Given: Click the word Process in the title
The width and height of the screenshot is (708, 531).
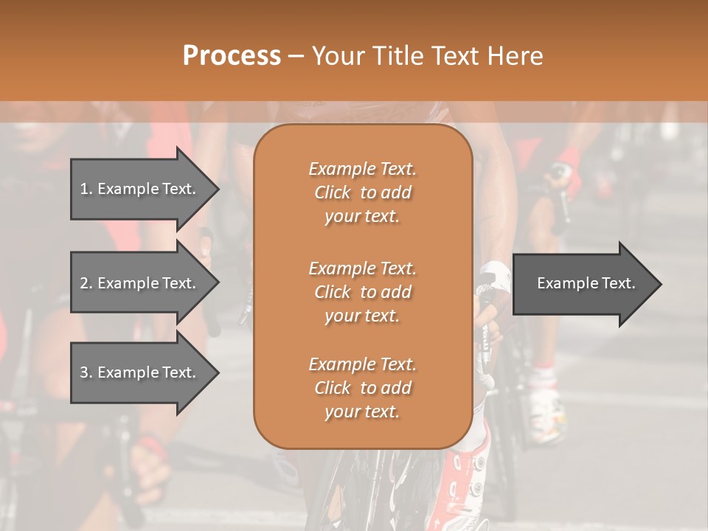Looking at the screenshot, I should pos(232,56).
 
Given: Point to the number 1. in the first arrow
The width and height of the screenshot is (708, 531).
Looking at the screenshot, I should pos(86,189).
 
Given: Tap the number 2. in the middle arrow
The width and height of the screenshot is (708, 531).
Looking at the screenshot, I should pos(86,283).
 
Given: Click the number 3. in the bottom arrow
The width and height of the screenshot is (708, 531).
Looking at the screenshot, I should pos(86,372).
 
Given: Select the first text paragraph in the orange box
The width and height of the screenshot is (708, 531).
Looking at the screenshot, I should pos(362,192).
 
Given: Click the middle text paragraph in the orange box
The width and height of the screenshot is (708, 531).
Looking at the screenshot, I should pos(362,291).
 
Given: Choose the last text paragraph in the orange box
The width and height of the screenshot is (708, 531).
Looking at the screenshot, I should pos(362,388).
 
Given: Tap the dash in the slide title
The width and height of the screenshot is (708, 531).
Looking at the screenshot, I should pos(296,56).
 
